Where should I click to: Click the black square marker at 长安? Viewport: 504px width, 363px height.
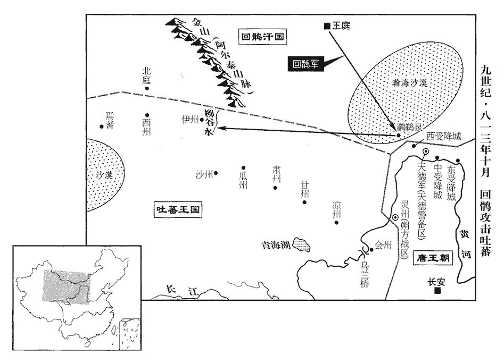[x=437, y=291]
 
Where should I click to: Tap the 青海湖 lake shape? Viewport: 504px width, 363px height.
[x=303, y=244]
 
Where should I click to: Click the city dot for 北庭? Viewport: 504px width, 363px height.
[x=147, y=88]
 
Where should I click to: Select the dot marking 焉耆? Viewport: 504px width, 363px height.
[x=102, y=126]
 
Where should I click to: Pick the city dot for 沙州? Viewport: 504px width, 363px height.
[x=216, y=173]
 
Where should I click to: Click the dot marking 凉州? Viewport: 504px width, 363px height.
[x=336, y=223]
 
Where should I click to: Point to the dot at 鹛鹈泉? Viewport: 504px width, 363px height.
[x=398, y=136]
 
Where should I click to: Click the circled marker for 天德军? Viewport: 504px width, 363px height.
[x=426, y=152]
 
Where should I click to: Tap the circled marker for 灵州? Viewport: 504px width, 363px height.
[x=395, y=218]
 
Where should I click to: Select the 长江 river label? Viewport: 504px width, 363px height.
[x=180, y=290]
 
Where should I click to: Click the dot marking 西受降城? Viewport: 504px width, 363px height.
[x=414, y=146]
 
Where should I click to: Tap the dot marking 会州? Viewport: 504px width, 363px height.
[x=371, y=245]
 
